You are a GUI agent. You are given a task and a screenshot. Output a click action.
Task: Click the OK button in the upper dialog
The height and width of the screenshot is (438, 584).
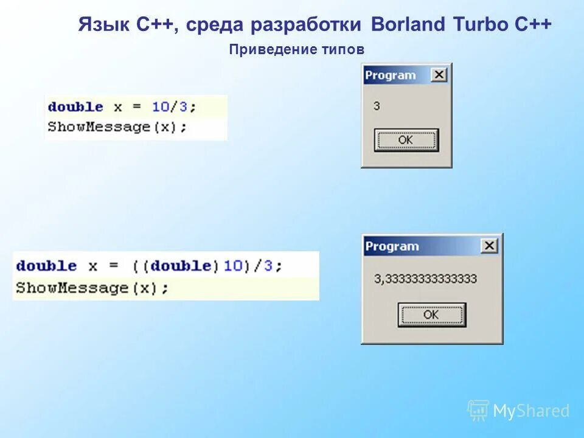point(406,140)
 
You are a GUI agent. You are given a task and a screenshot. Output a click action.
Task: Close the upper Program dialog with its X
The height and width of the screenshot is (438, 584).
point(439,75)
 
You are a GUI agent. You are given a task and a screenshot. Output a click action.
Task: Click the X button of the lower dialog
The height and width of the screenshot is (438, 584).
point(489,246)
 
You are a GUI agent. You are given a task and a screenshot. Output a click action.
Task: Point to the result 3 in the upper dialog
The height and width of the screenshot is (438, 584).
point(377,106)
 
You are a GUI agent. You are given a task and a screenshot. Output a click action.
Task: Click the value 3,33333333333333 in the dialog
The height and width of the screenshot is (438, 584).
point(425,279)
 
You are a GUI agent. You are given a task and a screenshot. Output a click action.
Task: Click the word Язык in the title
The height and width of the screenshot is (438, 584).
point(97,25)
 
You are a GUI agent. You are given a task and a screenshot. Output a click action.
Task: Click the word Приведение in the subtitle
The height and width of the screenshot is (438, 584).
point(269,50)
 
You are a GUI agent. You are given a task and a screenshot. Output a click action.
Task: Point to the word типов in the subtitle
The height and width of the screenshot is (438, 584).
point(343,50)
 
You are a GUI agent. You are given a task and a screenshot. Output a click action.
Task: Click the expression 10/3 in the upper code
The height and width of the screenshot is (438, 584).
point(170,107)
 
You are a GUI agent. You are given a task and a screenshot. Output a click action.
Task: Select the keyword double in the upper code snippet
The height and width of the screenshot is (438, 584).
point(75,107)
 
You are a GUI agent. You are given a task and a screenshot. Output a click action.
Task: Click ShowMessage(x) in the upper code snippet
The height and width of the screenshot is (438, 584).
point(116,127)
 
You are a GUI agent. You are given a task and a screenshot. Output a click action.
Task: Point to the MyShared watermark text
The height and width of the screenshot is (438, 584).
point(530,411)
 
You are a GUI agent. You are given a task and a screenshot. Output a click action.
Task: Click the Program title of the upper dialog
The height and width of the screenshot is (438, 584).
point(390,75)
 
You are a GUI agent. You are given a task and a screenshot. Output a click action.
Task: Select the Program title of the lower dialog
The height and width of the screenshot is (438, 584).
point(392,246)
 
